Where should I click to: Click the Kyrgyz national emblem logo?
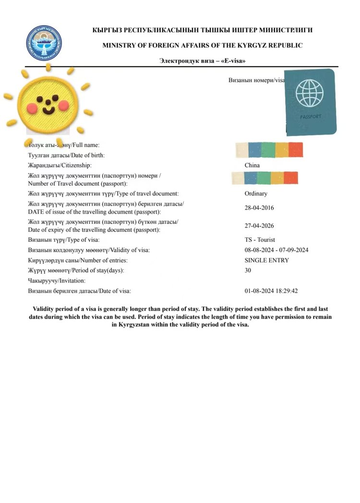44,43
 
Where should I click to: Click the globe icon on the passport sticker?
309,93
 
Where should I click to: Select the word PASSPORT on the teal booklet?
311,117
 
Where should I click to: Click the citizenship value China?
252,165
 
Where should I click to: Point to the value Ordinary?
256,194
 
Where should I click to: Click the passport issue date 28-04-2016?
259,208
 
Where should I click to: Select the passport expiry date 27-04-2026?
259,226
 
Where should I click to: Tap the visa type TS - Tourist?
260,240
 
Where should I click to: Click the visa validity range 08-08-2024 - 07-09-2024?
276,250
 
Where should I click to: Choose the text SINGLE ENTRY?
266,260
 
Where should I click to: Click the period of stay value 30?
248,270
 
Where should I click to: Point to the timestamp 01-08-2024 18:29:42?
271,291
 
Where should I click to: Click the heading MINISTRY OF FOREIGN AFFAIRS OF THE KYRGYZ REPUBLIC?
202,45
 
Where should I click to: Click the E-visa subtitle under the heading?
202,61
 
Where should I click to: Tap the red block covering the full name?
296,150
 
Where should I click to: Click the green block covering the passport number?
264,178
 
